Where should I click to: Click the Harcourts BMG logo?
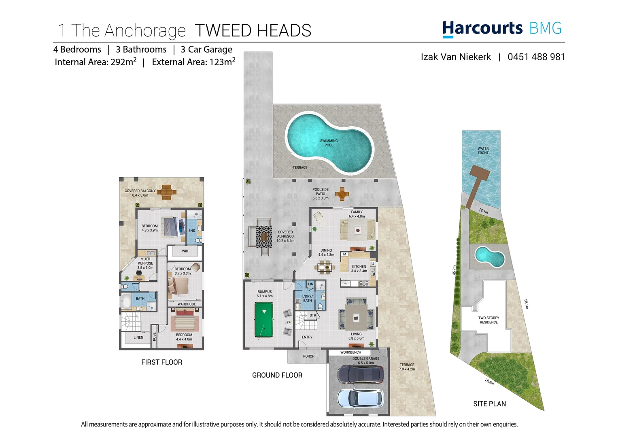tap(502, 29)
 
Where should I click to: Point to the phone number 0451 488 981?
tap(536, 57)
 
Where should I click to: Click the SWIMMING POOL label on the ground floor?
tap(329, 143)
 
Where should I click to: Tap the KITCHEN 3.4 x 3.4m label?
tap(359, 269)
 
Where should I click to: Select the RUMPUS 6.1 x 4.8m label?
tap(265, 294)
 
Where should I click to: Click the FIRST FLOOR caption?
tap(161, 362)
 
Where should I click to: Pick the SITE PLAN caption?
tap(489, 404)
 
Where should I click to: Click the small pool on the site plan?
tap(489, 257)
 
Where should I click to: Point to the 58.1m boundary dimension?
tap(526, 304)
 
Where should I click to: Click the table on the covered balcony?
tap(167, 192)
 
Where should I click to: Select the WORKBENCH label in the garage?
tap(350, 352)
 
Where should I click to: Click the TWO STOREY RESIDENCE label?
tap(488, 320)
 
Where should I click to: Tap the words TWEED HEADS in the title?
tap(253, 31)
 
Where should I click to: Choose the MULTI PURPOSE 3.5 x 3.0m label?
tap(145, 263)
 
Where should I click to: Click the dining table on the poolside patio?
tap(342, 194)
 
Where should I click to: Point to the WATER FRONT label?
tap(483, 151)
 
